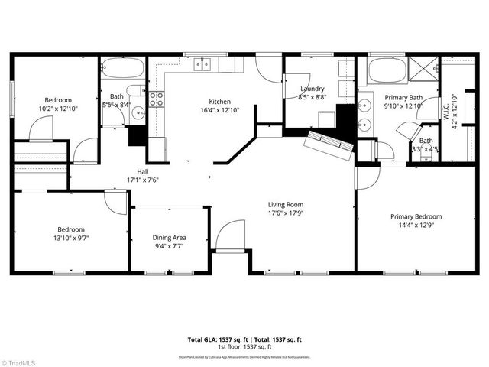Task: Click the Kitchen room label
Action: coord(220,102)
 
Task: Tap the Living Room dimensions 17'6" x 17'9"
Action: coord(286,213)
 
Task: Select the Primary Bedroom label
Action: coord(416,216)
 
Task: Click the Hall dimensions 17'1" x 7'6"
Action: coord(143,180)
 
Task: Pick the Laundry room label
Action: coord(312,89)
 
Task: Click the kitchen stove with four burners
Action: coord(157,98)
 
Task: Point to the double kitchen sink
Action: coord(202,64)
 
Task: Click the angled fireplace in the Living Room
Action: coord(329,144)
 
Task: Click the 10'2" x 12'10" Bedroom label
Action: coord(57,100)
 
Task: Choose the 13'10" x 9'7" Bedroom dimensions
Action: coord(72,238)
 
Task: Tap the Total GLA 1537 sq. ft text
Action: coord(214,339)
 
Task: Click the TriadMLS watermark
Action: coord(20,361)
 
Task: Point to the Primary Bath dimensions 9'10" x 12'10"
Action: coord(403,106)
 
